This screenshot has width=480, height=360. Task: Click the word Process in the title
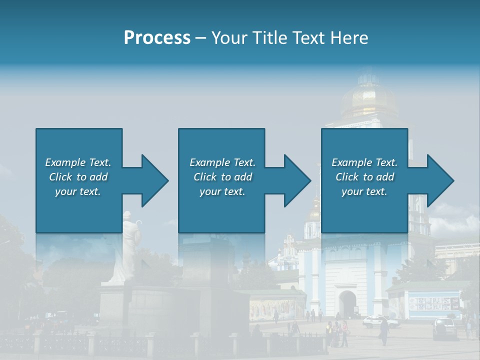pos(157,38)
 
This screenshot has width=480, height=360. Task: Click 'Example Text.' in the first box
pos(78,162)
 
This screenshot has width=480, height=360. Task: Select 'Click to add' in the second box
pos(222,177)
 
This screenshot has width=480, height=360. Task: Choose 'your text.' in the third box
pos(364,191)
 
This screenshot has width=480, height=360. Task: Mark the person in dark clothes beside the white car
pos(384,331)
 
